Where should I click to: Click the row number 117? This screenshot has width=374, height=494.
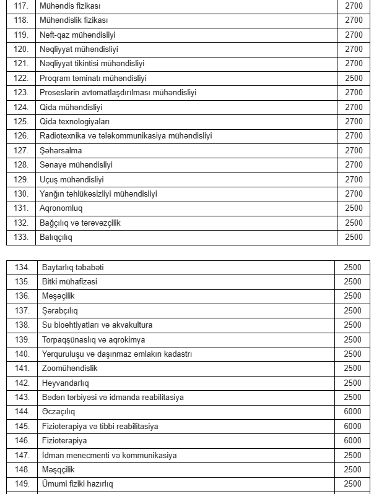(21, 6)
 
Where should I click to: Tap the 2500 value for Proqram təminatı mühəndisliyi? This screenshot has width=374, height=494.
(354, 78)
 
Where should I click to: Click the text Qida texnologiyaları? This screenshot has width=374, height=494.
(70, 121)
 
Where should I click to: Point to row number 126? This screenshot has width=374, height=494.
(21, 136)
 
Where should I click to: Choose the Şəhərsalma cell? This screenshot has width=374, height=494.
(61, 150)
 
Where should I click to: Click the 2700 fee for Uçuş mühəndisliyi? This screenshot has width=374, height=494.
(354, 179)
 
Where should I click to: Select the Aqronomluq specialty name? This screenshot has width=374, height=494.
(61, 208)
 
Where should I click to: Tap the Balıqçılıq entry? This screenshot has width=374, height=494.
(59, 237)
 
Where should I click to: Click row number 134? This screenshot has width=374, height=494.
(22, 267)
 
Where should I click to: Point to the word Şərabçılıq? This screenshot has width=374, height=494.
(60, 310)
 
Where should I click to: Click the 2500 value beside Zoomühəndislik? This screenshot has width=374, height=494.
(352, 368)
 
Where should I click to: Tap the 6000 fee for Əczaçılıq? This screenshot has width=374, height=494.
(352, 412)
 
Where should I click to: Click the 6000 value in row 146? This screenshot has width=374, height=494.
(352, 441)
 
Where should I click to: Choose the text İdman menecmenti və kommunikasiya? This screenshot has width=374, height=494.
(109, 455)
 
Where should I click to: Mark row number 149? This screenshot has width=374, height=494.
(22, 484)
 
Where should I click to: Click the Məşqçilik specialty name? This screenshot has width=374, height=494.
(59, 469)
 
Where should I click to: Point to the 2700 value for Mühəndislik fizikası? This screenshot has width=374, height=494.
(354, 20)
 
